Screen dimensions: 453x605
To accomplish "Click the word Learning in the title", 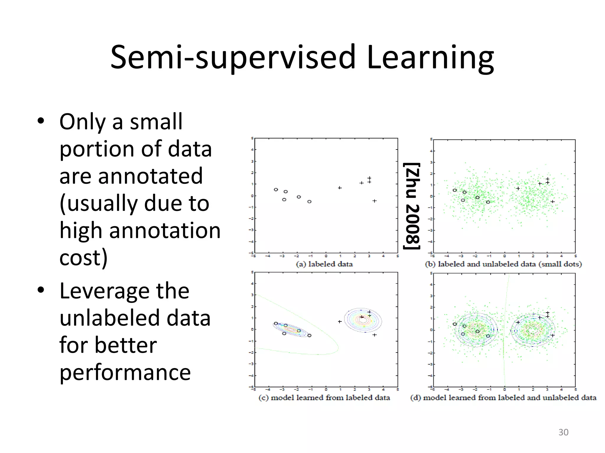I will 430,58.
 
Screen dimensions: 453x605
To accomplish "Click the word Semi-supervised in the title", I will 233,58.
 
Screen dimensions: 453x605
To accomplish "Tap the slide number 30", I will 563,432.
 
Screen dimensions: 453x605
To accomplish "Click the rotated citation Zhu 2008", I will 412,206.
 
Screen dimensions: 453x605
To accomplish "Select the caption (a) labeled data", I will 324,264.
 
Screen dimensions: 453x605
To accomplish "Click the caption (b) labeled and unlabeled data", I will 503,264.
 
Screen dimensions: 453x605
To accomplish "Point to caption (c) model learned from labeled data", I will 324,398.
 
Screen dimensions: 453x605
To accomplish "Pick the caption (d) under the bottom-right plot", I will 503,398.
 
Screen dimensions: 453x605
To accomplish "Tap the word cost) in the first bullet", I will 83,258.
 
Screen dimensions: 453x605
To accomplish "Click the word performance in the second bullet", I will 125,372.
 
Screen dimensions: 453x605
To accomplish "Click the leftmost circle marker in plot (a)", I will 276,190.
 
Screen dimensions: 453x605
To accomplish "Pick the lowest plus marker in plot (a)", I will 374,201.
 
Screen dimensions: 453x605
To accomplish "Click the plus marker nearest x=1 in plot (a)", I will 340,188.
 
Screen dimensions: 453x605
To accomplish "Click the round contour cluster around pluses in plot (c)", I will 363,320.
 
